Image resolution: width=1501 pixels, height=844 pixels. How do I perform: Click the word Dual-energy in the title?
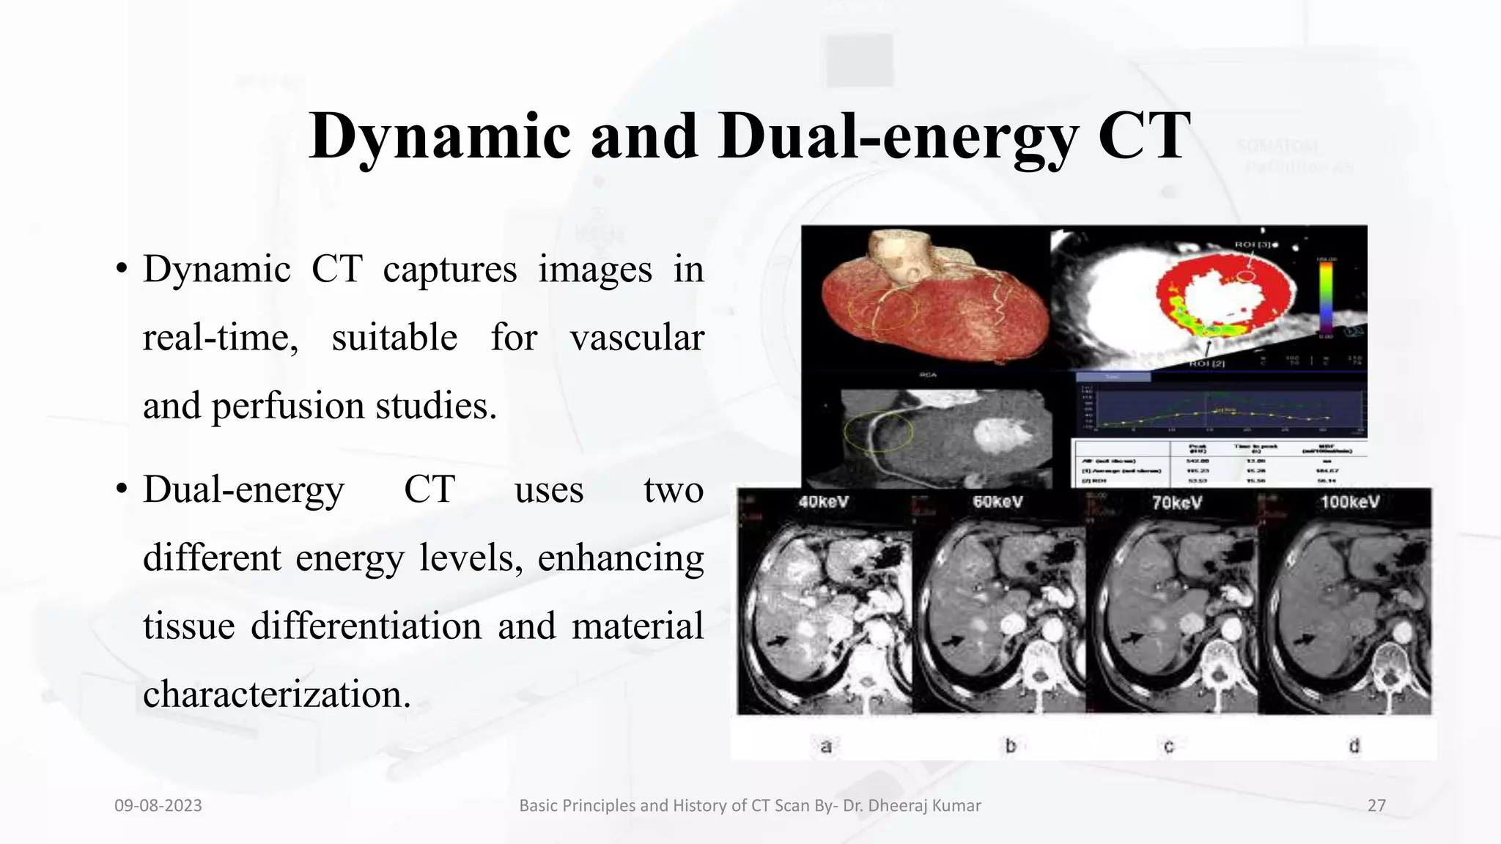pyautogui.click(x=898, y=136)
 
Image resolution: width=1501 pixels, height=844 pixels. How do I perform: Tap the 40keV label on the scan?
pyautogui.click(x=824, y=503)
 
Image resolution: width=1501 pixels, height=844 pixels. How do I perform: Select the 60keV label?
pyautogui.click(x=997, y=503)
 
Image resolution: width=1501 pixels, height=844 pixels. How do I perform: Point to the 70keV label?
pyautogui.click(x=1176, y=503)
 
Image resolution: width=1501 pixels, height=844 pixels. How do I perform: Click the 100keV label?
pyautogui.click(x=1350, y=503)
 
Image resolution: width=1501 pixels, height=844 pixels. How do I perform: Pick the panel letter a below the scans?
pyautogui.click(x=826, y=747)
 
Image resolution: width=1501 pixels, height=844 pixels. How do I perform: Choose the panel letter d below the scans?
pyautogui.click(x=1354, y=746)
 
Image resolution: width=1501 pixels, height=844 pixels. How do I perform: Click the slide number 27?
pyautogui.click(x=1376, y=806)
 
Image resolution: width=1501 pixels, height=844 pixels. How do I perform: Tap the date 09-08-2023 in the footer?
pyautogui.click(x=158, y=806)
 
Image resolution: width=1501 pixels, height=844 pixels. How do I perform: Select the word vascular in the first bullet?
pyautogui.click(x=637, y=338)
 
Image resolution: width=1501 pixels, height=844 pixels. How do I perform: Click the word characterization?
pyautogui.click(x=276, y=694)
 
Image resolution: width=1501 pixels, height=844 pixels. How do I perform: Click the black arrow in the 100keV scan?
pyautogui.click(x=1304, y=640)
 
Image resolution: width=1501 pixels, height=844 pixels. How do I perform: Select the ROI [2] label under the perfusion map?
pyautogui.click(x=1205, y=363)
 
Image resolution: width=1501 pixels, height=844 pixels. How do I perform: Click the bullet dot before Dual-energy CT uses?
pyautogui.click(x=122, y=489)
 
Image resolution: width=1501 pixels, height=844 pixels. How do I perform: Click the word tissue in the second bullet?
pyautogui.click(x=188, y=626)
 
